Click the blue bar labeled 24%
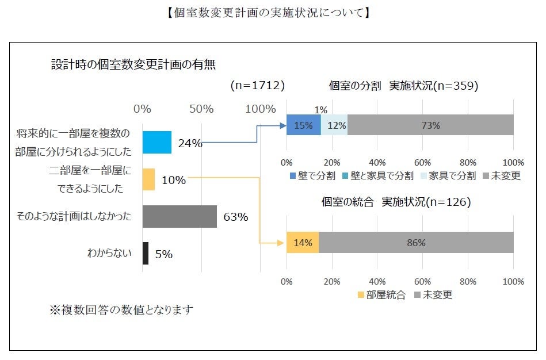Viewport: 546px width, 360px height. tap(156, 142)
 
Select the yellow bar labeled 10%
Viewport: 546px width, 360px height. tap(148, 179)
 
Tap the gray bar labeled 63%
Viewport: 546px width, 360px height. tap(180, 216)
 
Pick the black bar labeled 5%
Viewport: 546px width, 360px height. tap(145, 253)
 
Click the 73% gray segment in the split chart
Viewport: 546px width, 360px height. tap(430, 125)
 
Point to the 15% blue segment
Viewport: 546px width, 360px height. tap(303, 125)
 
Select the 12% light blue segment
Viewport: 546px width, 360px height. tap(335, 125)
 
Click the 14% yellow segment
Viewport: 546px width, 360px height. tap(302, 242)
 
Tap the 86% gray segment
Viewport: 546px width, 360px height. tap(415, 242)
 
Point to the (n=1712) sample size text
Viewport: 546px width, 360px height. tap(258, 85)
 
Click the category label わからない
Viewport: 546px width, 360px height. tap(109, 253)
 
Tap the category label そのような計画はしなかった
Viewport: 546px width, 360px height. tap(75, 216)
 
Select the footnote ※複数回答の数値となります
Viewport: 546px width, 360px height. tap(121, 310)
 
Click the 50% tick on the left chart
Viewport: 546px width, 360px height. tap(201, 108)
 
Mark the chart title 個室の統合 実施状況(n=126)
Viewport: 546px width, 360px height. tap(396, 202)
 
